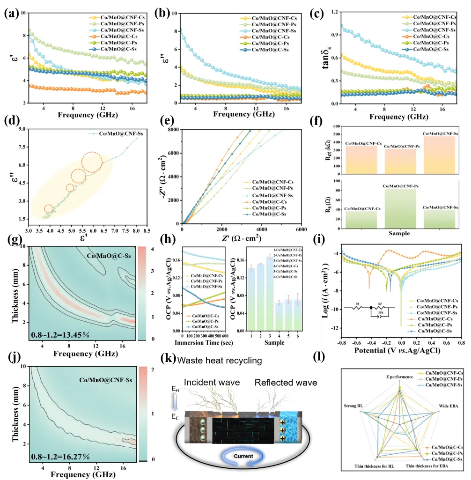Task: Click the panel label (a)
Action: click(10, 13)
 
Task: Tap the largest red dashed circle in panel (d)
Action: click(92, 162)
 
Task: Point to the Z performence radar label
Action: click(399, 376)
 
